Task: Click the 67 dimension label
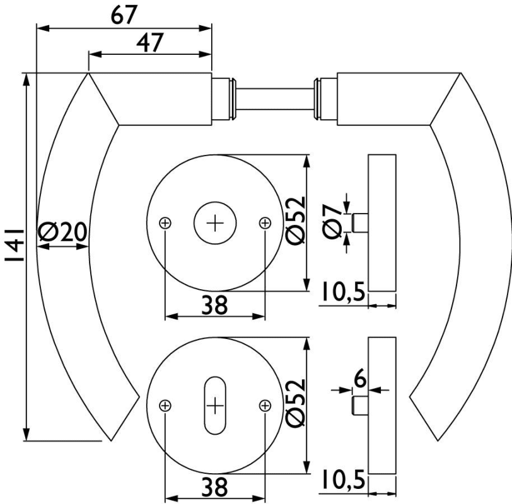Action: coord(124,15)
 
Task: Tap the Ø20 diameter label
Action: coord(62,233)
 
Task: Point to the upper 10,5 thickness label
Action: coord(342,292)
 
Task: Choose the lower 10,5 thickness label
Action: coord(342,480)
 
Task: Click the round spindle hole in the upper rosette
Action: coord(215,223)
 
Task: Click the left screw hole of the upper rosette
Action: coord(165,222)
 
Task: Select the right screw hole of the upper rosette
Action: coord(265,222)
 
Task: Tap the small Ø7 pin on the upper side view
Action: coord(361,223)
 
